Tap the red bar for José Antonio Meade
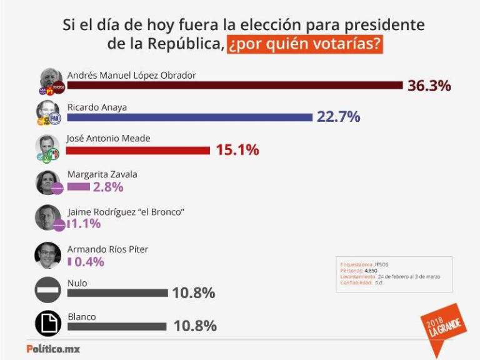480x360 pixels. coord(138,150)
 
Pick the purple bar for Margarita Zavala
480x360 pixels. coord(78,186)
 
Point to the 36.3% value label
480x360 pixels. coord(429,86)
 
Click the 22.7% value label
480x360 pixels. coord(338,117)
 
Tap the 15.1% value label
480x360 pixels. coord(237,150)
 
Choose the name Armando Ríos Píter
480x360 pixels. coord(107,249)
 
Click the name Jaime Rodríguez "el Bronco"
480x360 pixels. coord(124,212)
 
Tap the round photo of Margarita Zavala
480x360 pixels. coord(47,182)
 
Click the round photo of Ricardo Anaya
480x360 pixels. coord(47,112)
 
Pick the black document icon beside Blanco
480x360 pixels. coord(48,323)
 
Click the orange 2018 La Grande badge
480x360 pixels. coord(442,323)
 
